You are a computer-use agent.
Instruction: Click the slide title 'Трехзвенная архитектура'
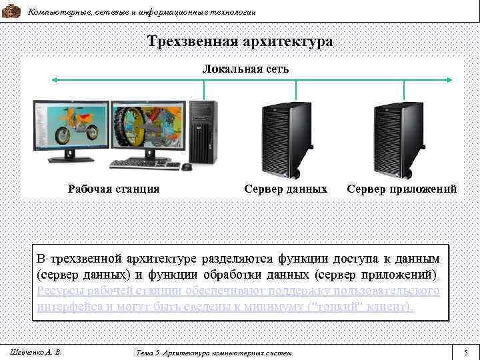click(x=240, y=42)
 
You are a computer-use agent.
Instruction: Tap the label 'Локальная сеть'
click(x=245, y=69)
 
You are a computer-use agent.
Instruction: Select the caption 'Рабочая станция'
click(x=114, y=189)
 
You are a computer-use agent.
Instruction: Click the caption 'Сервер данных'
click(x=285, y=189)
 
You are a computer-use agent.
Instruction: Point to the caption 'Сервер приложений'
click(x=402, y=189)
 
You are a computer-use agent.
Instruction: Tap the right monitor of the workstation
click(x=148, y=128)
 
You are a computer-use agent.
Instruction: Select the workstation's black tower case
click(x=203, y=133)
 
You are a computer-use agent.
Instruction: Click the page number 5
click(x=466, y=351)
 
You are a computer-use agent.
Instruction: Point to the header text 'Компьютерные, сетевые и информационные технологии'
click(x=141, y=12)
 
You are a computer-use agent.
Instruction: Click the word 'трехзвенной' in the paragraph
click(x=88, y=258)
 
